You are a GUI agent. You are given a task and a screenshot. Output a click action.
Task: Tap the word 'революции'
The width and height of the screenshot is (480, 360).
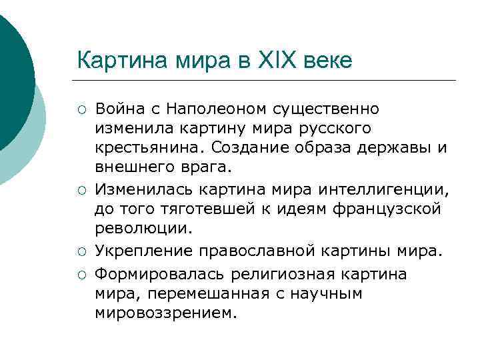click(142, 229)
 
